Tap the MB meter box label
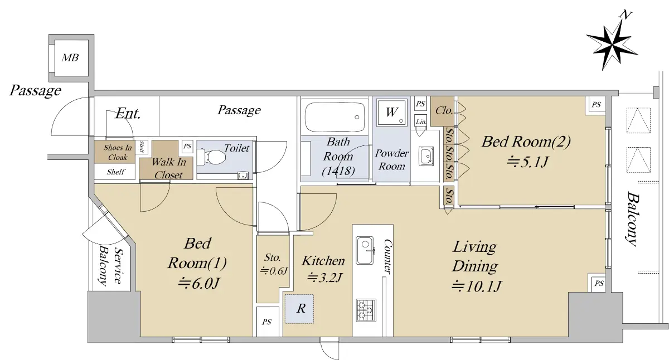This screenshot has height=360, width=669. [x=70, y=57]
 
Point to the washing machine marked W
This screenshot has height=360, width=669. [x=392, y=113]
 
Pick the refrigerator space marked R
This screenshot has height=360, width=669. [x=299, y=309]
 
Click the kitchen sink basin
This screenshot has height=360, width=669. [x=365, y=250]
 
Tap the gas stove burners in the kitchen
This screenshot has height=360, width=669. [x=366, y=310]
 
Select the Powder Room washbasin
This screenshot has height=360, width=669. [x=426, y=156]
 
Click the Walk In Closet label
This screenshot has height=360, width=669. [x=169, y=168]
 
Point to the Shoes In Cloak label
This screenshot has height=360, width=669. [x=118, y=152]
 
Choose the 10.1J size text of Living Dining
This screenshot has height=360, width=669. [x=477, y=286]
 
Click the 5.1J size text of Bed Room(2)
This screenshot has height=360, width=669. [x=528, y=162]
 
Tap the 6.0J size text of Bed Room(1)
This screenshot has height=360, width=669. [x=198, y=283]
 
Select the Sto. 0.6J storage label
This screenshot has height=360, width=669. [x=273, y=264]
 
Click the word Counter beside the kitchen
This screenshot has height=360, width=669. [x=387, y=256]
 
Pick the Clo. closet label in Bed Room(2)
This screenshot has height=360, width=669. [x=444, y=110]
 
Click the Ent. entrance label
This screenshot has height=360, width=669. [x=128, y=114]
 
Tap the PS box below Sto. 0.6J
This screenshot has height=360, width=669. [x=267, y=322]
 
